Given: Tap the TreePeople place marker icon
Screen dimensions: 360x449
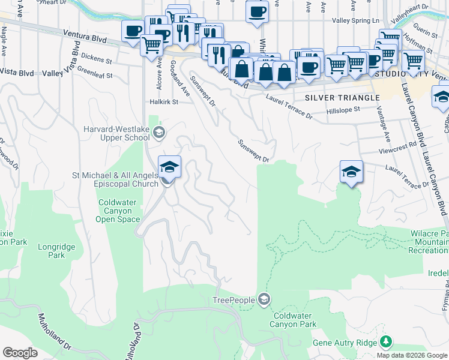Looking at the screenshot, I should pos(264,299).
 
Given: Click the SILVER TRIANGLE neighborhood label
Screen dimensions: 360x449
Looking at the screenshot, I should pos(342,97).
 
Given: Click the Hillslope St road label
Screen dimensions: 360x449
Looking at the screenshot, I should pos(343,110).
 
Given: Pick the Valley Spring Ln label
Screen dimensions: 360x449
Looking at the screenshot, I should pos(356,20).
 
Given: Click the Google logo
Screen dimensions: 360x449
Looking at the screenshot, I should pos(20,353).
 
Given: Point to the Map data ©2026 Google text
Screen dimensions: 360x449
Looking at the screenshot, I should pos(412,355).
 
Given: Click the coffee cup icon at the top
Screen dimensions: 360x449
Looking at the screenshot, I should pos(257,12).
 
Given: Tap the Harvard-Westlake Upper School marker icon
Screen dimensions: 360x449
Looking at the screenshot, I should pos(158,133).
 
